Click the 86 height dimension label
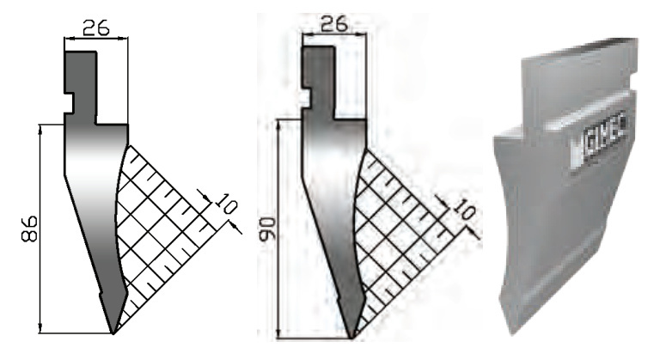(x=29, y=229)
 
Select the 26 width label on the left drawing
(x=96, y=27)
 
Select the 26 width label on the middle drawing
(x=333, y=24)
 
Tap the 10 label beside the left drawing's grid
(x=224, y=205)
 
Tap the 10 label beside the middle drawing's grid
(x=463, y=209)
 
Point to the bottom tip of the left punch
(x=113, y=334)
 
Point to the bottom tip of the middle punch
(x=352, y=338)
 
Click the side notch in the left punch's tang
(x=69, y=102)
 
